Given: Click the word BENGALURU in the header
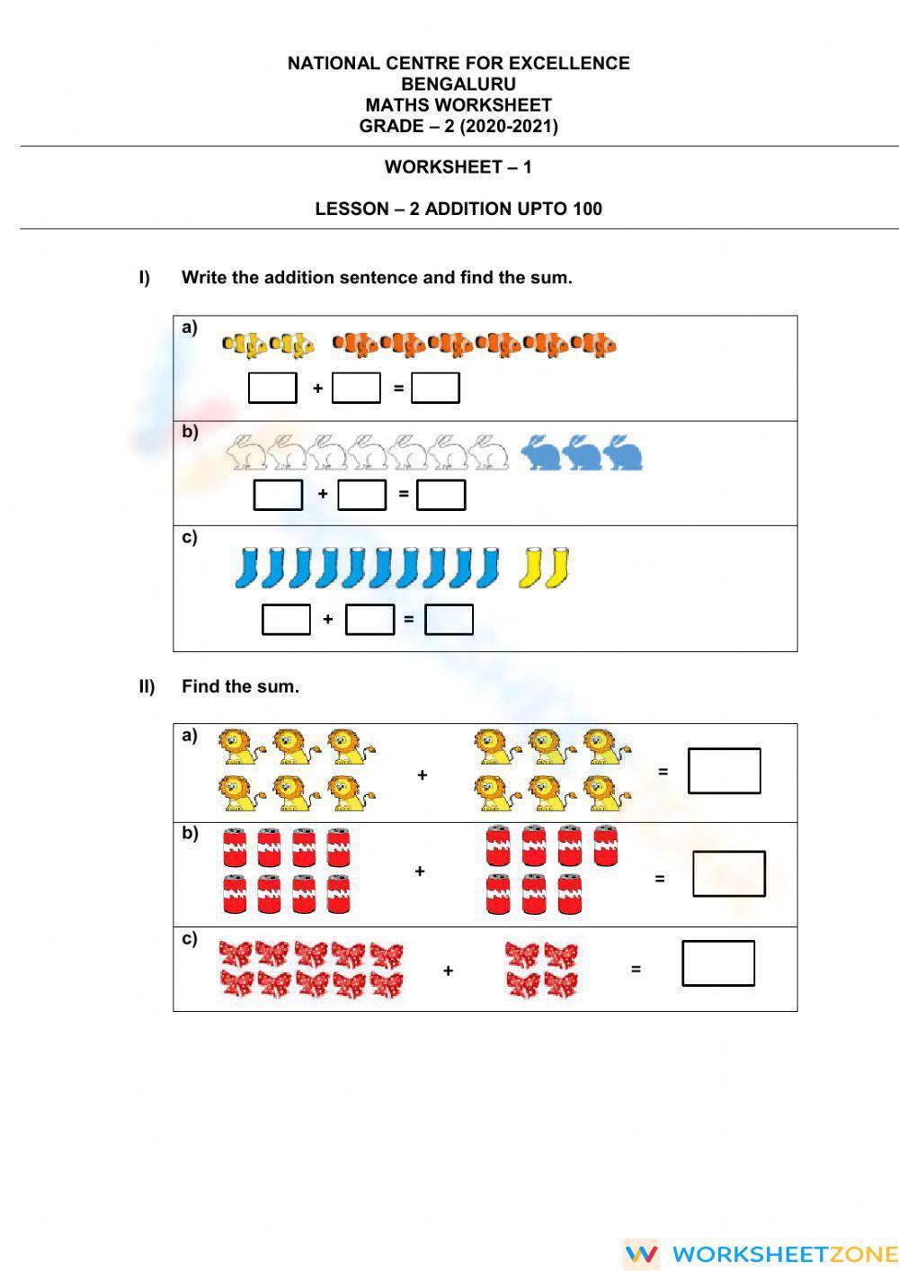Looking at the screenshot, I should (x=458, y=84).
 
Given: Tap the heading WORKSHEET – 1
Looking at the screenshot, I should (x=458, y=166).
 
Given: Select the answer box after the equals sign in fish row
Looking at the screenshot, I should (x=435, y=388).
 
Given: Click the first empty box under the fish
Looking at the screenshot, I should (x=272, y=388).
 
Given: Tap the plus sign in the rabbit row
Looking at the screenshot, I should (x=323, y=494).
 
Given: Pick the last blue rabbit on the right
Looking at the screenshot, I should (x=623, y=452).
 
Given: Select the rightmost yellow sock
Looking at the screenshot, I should (x=558, y=567).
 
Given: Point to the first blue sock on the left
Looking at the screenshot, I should (x=246, y=567).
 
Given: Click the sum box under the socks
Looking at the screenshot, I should (x=449, y=619).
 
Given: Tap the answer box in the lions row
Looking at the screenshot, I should (x=724, y=771).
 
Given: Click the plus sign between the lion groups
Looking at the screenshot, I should (x=422, y=774).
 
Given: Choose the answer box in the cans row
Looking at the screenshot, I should (x=728, y=873).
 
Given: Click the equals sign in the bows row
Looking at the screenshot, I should (x=636, y=970).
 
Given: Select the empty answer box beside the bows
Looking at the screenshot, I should (x=718, y=962).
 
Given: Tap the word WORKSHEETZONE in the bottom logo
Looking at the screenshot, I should (x=784, y=1254).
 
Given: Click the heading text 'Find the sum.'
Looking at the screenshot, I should (x=240, y=686).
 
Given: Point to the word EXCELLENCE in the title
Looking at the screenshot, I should (x=569, y=63).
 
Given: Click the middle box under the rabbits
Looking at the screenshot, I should (x=361, y=494).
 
